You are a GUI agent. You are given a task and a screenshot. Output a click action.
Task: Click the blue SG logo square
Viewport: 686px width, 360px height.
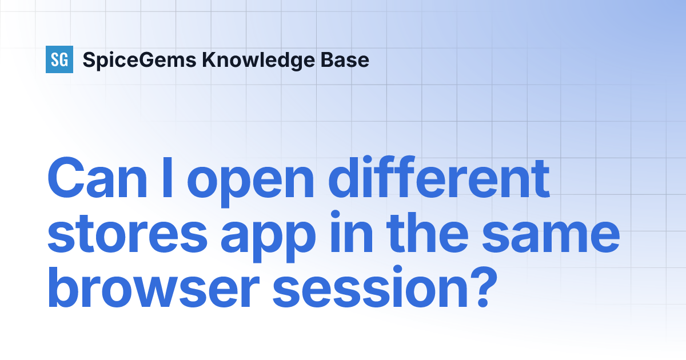(x=59, y=59)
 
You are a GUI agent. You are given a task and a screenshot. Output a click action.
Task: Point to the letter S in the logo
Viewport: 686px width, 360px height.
(x=55, y=59)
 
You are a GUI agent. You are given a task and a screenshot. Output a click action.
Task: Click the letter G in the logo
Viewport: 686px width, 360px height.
(x=64, y=59)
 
